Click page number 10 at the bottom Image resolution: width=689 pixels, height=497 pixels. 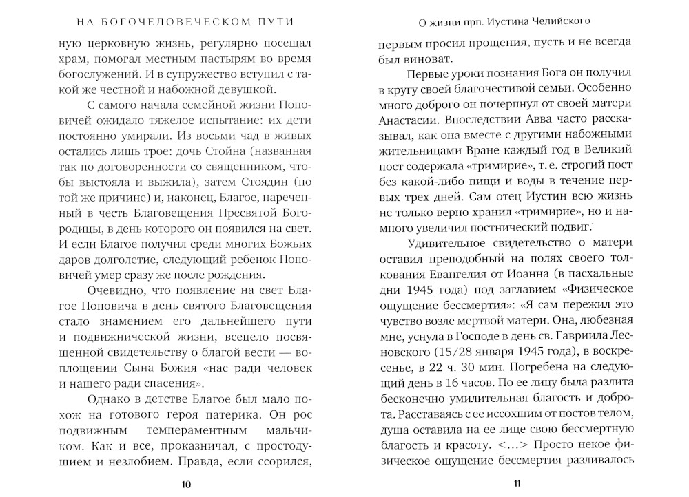186,484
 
